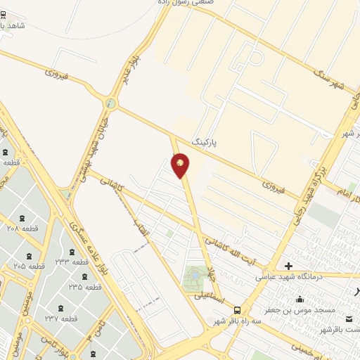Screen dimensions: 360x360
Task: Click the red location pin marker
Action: click(x=181, y=165)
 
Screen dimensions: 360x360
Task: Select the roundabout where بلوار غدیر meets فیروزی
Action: click(x=110, y=104)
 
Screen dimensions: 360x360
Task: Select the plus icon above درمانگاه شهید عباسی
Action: click(x=288, y=266)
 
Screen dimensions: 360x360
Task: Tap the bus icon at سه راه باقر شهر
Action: click(x=237, y=310)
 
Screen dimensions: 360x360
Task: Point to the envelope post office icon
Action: click(x=349, y=319)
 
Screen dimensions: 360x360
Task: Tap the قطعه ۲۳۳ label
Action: click(x=72, y=262)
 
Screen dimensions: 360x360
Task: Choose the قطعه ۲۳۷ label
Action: click(x=59, y=319)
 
